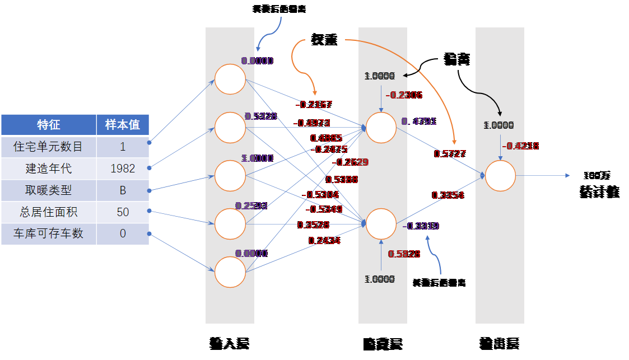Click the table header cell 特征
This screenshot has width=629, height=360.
(x=49, y=125)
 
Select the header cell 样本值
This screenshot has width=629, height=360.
(x=123, y=125)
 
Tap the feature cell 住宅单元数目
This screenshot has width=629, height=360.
(x=49, y=147)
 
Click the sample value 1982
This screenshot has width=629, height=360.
(x=123, y=169)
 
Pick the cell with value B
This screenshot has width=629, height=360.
(x=123, y=190)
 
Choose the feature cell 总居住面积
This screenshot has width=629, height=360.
(x=49, y=212)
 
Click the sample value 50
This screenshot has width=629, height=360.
(x=123, y=212)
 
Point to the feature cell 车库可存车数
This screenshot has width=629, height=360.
(x=49, y=233)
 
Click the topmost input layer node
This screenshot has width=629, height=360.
(x=230, y=79)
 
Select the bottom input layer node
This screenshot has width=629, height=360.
(x=230, y=272)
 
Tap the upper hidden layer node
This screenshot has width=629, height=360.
(x=381, y=128)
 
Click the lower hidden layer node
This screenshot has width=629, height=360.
(x=381, y=224)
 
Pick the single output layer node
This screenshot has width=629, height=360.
(x=500, y=176)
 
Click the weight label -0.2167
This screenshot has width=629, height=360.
(x=314, y=105)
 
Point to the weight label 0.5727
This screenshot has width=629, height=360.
(x=450, y=154)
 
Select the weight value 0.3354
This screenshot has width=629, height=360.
(x=448, y=195)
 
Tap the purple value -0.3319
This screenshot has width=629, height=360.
(x=421, y=226)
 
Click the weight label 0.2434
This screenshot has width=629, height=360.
(x=324, y=241)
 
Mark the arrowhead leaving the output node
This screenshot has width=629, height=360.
(x=567, y=176)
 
